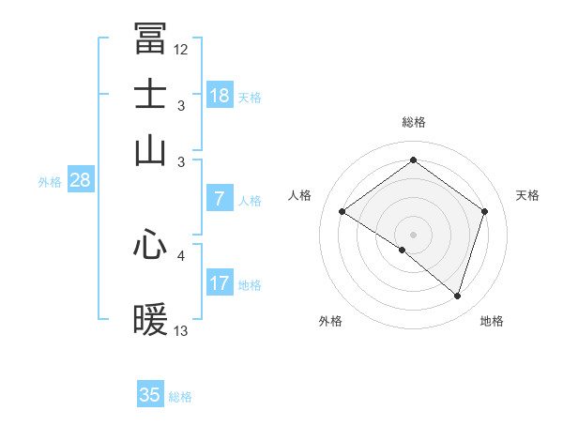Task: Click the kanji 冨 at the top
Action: click(x=150, y=39)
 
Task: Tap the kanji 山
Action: click(x=150, y=150)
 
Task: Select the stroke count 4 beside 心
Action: click(x=181, y=254)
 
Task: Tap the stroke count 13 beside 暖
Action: click(x=181, y=331)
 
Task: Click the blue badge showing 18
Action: click(x=220, y=96)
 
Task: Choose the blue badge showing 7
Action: click(x=220, y=199)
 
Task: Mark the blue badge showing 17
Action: click(x=220, y=283)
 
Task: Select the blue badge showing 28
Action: click(x=80, y=181)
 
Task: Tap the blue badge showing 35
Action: click(x=150, y=395)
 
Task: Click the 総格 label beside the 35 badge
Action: click(x=180, y=397)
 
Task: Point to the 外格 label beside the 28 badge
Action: click(x=49, y=182)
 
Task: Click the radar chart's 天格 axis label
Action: click(x=527, y=195)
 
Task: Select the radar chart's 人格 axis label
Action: click(x=299, y=195)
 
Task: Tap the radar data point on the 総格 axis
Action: click(x=413, y=160)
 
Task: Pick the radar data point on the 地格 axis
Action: click(x=457, y=296)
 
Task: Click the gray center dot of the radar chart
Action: click(x=413, y=233)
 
